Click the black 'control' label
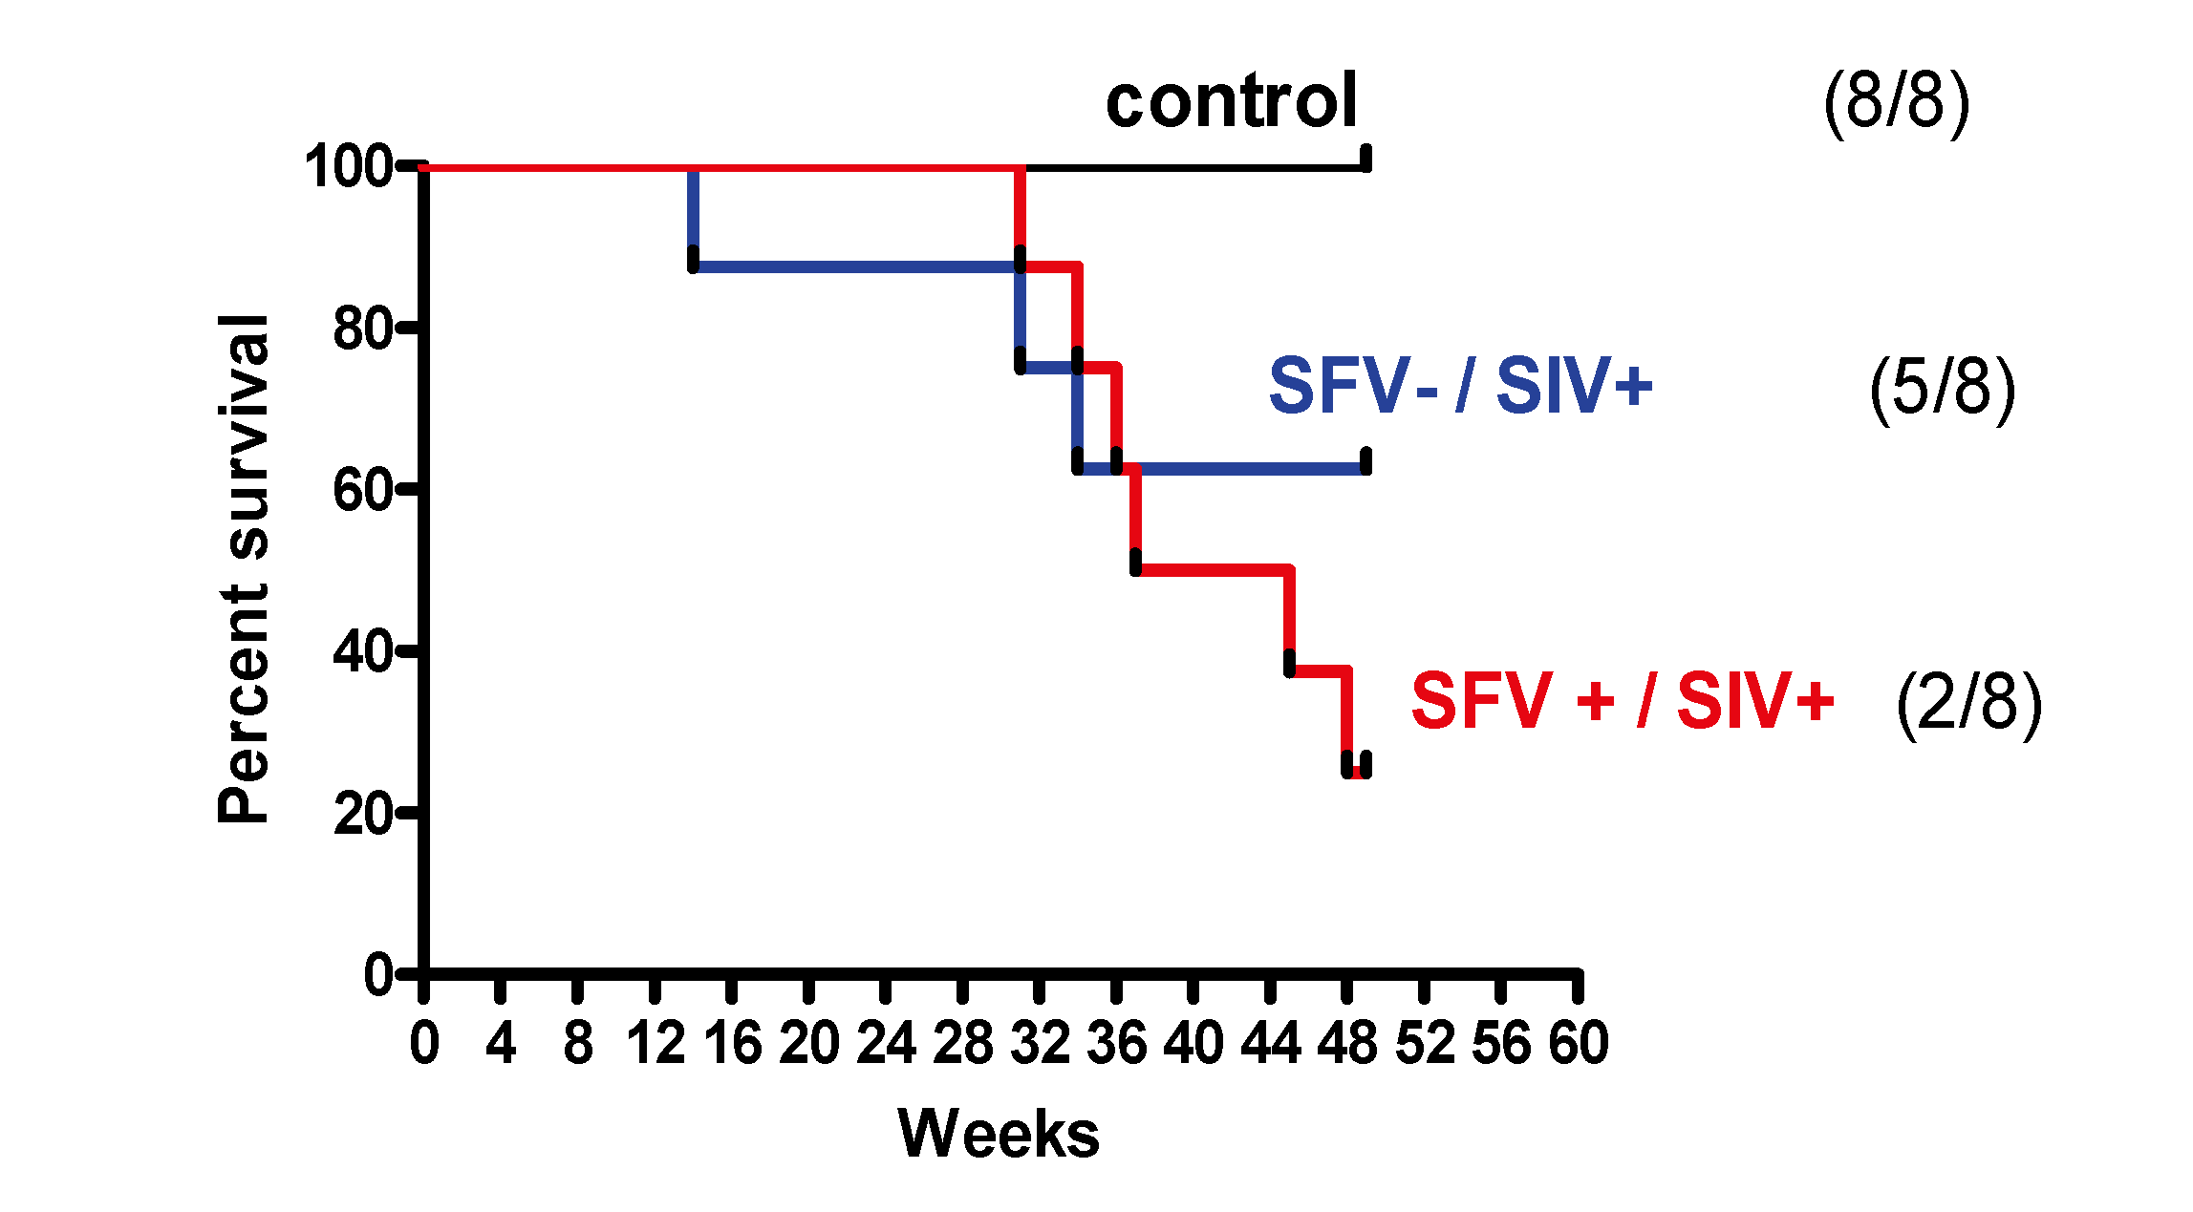pyautogui.click(x=1231, y=101)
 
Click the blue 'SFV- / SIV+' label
pyautogui.click(x=1459, y=386)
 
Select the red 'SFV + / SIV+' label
pyautogui.click(x=1622, y=701)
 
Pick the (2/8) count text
pyautogui.click(x=1967, y=703)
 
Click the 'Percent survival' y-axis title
pyautogui.click(x=243, y=569)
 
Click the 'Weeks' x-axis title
pyautogui.click(x=999, y=1134)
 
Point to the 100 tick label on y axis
pyautogui.click(x=348, y=166)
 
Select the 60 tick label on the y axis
pyautogui.click(x=362, y=490)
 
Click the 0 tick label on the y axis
pyautogui.click(x=378, y=975)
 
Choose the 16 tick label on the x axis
pyautogui.click(x=732, y=1043)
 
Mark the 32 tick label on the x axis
pyautogui.click(x=1040, y=1043)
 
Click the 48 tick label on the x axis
pyautogui.click(x=1347, y=1043)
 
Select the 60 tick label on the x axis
pyautogui.click(x=1579, y=1043)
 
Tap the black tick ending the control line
pyautogui.click(x=1366, y=159)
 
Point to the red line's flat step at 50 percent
pyautogui.click(x=1214, y=570)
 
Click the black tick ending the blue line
pyautogui.click(x=1366, y=461)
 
